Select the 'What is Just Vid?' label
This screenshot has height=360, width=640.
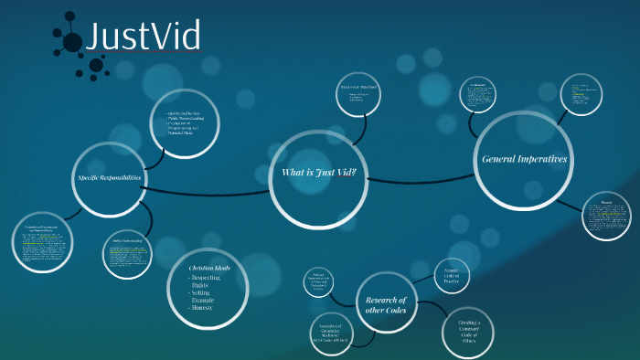tap(318, 174)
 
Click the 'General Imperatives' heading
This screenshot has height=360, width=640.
tap(524, 160)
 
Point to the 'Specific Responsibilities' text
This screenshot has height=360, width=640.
tap(109, 177)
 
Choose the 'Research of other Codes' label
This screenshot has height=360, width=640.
tap(391, 304)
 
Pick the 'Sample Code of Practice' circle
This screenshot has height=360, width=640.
tap(452, 276)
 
